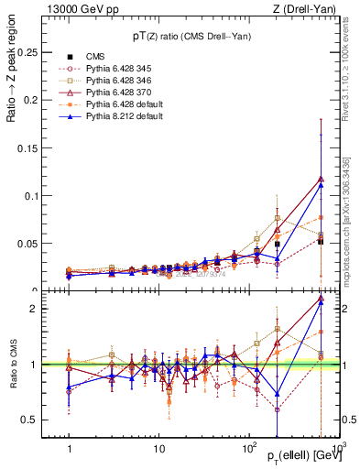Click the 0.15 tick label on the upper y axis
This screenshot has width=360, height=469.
[35, 148]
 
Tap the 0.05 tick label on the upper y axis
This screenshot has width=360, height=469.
[35, 244]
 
